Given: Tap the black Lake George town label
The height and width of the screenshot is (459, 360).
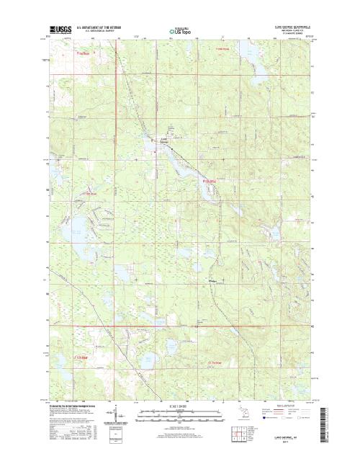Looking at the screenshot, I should point(163,138).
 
